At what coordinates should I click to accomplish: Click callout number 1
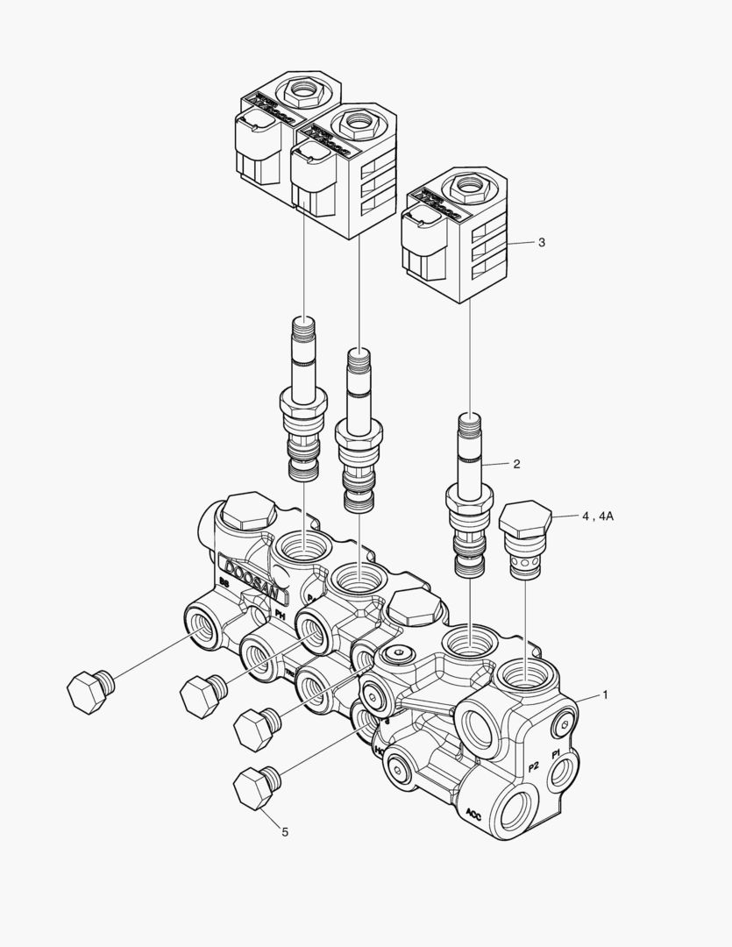click(604, 694)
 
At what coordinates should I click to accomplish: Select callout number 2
click(516, 464)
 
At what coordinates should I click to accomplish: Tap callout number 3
click(541, 242)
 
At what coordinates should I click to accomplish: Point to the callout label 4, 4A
click(597, 516)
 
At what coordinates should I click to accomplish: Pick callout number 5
click(284, 831)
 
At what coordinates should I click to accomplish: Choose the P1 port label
click(555, 754)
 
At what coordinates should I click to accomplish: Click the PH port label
click(281, 615)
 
